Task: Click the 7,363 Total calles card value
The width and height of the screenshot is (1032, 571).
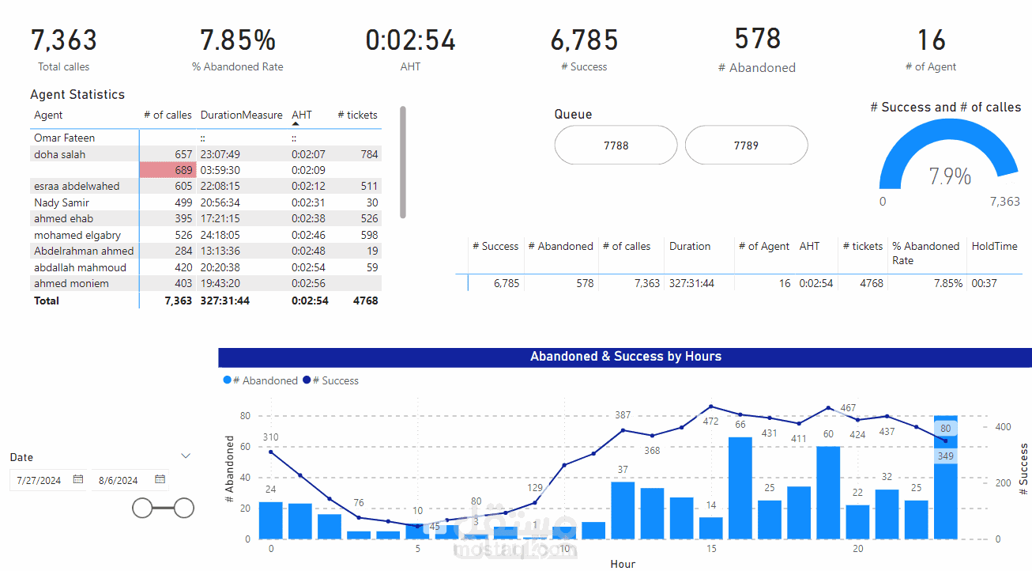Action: [x=64, y=40]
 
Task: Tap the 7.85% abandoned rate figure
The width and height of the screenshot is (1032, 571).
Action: [x=238, y=40]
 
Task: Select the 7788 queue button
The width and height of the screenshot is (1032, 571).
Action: [x=616, y=146]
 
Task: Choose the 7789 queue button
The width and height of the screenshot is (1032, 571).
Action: [x=746, y=146]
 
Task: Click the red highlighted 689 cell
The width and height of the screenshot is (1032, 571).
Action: [x=168, y=170]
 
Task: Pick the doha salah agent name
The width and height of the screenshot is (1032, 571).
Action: [x=60, y=154]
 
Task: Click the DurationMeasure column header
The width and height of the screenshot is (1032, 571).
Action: [x=241, y=115]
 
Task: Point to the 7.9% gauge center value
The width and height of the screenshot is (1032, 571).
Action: [x=950, y=176]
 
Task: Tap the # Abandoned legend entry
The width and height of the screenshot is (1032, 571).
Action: [x=265, y=380]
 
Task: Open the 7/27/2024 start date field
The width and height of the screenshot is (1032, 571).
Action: [x=40, y=480]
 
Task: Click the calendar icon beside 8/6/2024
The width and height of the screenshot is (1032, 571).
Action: [x=160, y=479]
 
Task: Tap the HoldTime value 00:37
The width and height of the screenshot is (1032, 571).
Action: [x=983, y=283]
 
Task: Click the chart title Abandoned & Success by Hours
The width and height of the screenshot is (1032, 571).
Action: [x=625, y=357]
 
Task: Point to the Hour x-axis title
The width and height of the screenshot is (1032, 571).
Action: [x=623, y=564]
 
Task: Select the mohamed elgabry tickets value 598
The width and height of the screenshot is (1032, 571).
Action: [x=368, y=235]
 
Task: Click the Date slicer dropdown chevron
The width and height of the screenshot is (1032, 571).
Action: [x=186, y=456]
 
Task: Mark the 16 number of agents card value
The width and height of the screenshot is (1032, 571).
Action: [x=931, y=40]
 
